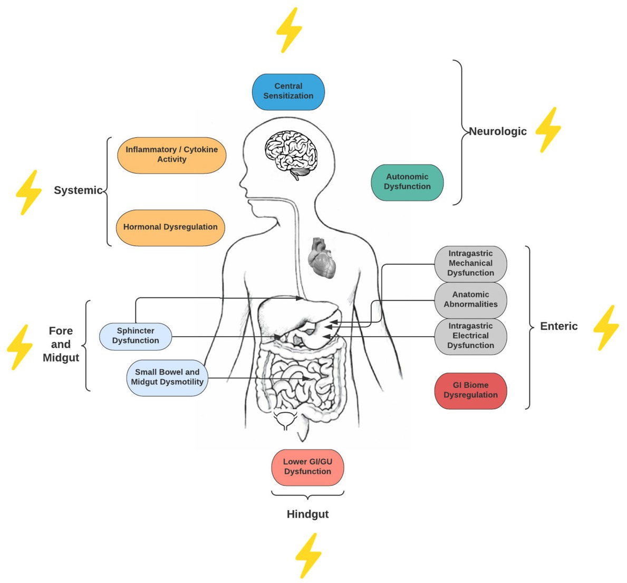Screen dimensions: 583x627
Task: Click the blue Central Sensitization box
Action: [x=288, y=91]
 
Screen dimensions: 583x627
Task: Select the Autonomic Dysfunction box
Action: [x=407, y=182]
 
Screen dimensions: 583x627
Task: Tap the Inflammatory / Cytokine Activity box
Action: [x=171, y=155]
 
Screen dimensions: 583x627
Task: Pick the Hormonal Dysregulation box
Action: [x=170, y=227]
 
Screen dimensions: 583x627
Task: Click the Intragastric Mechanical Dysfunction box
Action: [x=470, y=263]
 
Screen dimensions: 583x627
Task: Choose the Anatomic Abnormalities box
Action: [x=470, y=300]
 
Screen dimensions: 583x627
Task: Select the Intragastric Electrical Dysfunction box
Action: [x=470, y=336]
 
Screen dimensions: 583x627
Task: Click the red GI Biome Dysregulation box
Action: [x=470, y=390]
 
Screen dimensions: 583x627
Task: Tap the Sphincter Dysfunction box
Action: [x=136, y=336]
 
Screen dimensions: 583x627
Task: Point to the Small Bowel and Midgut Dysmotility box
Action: [x=167, y=377]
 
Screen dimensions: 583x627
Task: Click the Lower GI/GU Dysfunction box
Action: [x=307, y=467]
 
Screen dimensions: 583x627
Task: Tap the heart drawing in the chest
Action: [x=322, y=257]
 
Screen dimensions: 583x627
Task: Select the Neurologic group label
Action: [x=498, y=131]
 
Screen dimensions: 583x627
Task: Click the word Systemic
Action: [x=78, y=190]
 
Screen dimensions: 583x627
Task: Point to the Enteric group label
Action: [x=558, y=327]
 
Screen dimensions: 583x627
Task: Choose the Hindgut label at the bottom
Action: [x=307, y=514]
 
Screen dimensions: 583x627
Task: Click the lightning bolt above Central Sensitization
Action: [x=289, y=30]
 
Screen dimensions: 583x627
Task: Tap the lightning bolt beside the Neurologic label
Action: [x=548, y=130]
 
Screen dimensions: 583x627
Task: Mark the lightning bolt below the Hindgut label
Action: [x=308, y=555]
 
